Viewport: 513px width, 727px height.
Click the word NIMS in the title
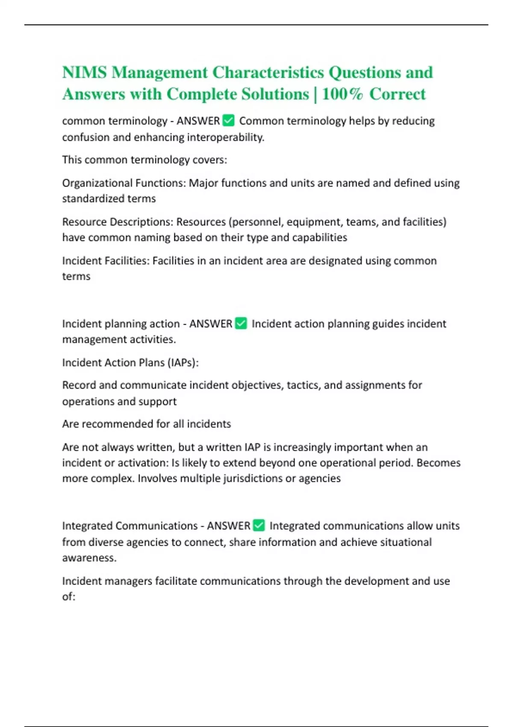(84, 72)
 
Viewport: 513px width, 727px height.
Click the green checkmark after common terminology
(229, 121)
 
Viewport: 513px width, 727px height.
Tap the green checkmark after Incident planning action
(241, 323)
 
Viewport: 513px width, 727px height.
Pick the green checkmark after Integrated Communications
(259, 525)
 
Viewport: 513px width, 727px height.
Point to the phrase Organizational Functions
(124, 183)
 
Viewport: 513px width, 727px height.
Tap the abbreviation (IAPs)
(183, 363)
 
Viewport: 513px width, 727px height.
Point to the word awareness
(89, 558)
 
